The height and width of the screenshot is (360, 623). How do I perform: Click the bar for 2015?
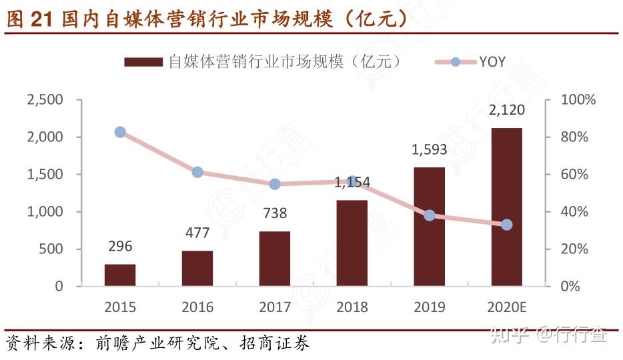point(120,275)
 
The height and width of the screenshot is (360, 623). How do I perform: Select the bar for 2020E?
point(507,207)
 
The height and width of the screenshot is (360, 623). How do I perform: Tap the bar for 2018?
point(352,243)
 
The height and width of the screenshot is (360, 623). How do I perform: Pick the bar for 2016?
point(197,268)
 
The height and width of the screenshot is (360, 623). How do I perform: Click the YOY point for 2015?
point(120,132)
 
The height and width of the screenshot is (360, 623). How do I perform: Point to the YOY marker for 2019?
point(430,215)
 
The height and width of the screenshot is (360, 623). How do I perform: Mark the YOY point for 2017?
point(275,184)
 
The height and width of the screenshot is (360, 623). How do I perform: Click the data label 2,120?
point(507,110)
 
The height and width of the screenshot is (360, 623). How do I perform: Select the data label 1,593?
point(430,149)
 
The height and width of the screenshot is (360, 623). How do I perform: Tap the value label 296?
point(120,247)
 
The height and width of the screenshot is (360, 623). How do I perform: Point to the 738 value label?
point(275,213)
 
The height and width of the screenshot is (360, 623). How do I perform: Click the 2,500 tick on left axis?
point(45,100)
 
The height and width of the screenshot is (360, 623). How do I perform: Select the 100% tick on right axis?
point(578,100)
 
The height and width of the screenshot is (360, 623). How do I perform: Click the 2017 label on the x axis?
point(275,307)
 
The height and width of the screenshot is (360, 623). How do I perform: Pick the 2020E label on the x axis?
point(507,307)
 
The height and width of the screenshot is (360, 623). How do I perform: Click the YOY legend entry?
point(492,62)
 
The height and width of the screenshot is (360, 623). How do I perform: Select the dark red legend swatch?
point(143,62)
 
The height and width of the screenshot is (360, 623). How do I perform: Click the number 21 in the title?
point(41,19)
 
